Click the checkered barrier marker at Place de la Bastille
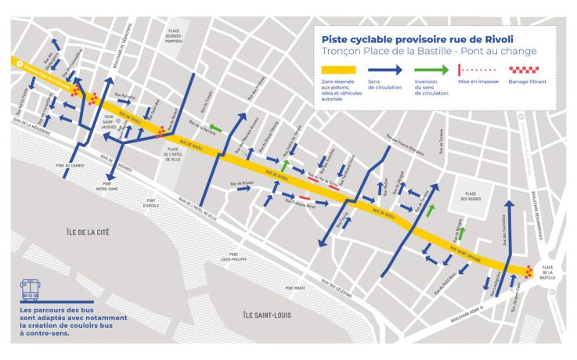(530, 273)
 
